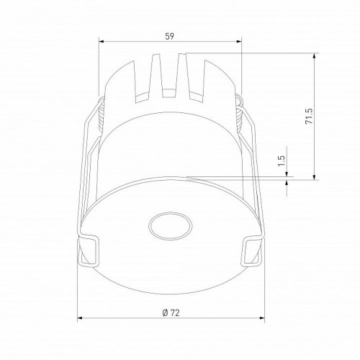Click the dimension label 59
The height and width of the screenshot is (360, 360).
[x=169, y=36]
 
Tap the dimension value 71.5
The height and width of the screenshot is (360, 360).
[x=309, y=116]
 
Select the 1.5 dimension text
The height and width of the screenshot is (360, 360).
[x=282, y=161]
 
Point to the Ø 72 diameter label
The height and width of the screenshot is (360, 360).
[x=171, y=313]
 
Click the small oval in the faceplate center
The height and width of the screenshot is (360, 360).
[x=170, y=226]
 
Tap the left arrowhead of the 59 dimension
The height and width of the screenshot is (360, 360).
[x=101, y=42]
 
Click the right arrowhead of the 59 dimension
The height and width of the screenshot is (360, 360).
[x=239, y=42]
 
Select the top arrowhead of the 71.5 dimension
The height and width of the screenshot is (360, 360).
[x=315, y=55]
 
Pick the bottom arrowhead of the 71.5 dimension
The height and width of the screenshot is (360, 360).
[x=315, y=177]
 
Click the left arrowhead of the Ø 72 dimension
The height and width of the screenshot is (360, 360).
[x=80, y=318]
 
